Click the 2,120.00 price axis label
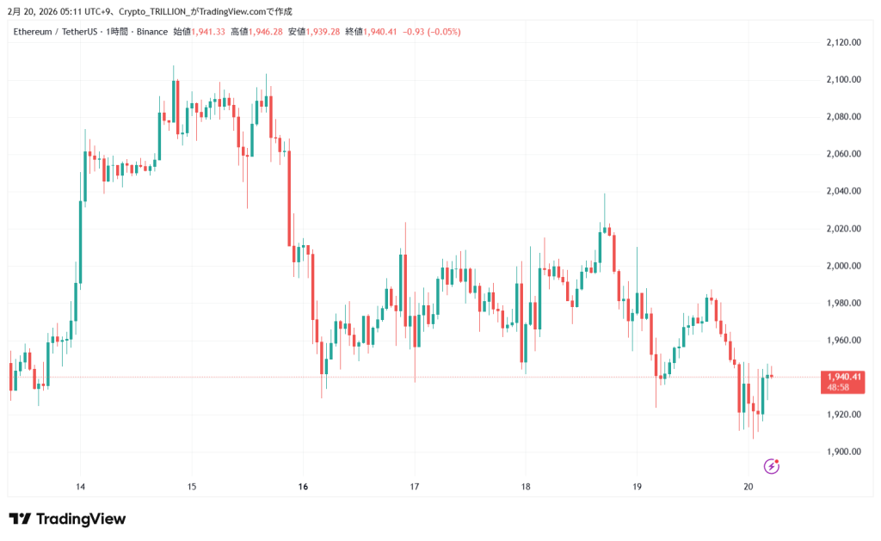[843, 42]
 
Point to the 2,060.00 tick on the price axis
[843, 154]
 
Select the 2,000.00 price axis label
[843, 266]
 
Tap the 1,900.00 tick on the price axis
[843, 452]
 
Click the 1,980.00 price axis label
[843, 303]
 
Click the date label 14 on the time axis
[80, 487]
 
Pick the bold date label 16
[303, 487]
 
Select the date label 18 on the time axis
[526, 487]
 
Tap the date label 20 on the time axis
[749, 487]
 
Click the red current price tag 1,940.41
[843, 377]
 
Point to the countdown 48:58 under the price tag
[839, 388]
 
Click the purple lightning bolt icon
[772, 466]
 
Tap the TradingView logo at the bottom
[67, 519]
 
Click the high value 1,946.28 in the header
[264, 32]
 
